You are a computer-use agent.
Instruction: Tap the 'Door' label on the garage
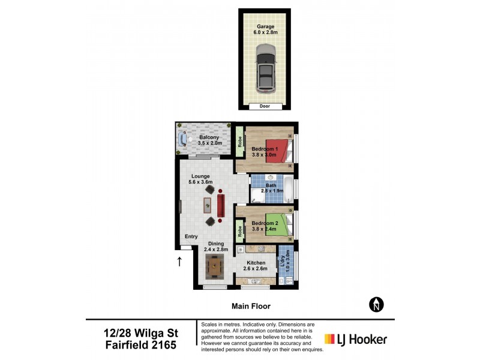265,106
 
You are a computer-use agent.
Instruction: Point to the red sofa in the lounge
221,205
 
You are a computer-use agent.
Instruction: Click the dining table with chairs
214,265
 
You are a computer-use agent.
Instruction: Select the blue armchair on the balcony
183,139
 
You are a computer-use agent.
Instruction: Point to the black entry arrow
179,261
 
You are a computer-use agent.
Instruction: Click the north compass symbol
376,305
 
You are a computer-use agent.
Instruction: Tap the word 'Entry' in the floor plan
191,236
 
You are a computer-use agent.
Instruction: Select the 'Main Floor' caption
248,306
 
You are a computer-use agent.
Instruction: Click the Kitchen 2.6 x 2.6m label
256,266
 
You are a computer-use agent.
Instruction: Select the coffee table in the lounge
207,205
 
